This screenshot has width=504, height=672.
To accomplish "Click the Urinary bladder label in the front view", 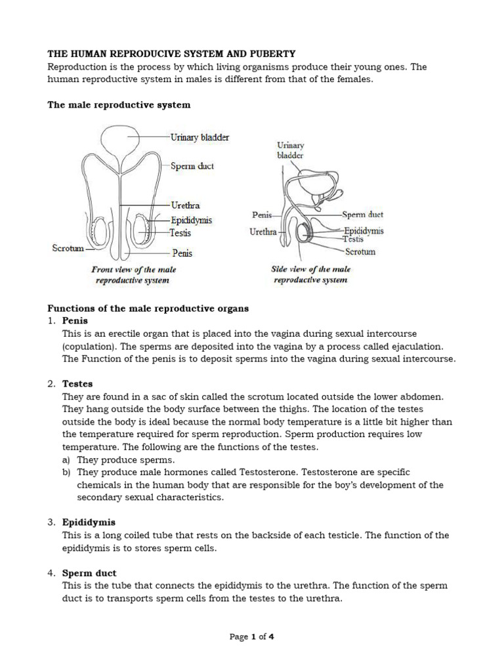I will pyautogui.click(x=199, y=137).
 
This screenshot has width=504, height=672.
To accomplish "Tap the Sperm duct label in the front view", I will pyautogui.click(x=192, y=166).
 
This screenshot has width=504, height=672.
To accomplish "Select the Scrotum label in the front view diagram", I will pyautogui.click(x=67, y=248).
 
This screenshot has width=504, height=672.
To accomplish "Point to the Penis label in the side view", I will pyautogui.click(x=262, y=215).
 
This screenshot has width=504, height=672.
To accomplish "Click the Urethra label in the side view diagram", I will pyautogui.click(x=264, y=232).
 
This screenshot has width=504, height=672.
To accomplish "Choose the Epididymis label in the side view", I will pyautogui.click(x=364, y=231).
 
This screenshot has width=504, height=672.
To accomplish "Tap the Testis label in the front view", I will pyautogui.click(x=180, y=233).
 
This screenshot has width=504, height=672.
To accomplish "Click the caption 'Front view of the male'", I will pyautogui.click(x=133, y=269).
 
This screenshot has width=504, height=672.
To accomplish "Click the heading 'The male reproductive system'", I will pyautogui.click(x=119, y=104).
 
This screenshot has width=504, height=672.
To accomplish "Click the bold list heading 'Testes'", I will pyautogui.click(x=77, y=383).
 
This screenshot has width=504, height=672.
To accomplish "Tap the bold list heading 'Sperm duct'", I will pyautogui.click(x=89, y=573).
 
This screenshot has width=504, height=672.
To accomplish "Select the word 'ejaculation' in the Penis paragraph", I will pyautogui.click(x=415, y=346).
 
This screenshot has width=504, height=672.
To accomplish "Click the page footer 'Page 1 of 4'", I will pyautogui.click(x=251, y=637).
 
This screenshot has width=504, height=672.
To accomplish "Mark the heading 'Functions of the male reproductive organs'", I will pyautogui.click(x=148, y=308).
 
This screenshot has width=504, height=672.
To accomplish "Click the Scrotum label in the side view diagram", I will pyautogui.click(x=360, y=251).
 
